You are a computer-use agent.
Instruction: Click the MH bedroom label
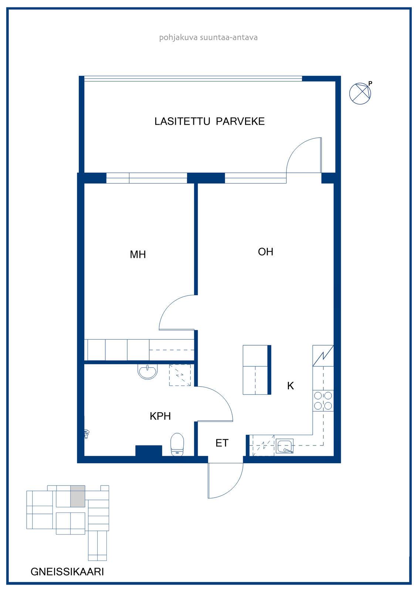138,254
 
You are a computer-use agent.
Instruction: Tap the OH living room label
265,252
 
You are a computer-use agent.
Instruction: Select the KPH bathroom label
160,416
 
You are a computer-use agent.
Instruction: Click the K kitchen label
290,386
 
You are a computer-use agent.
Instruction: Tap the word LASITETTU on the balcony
182,121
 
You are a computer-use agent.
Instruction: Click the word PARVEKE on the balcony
240,121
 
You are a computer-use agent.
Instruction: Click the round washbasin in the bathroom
147,371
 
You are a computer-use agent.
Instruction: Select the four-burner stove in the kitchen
323,401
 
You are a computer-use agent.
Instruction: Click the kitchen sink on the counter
284,446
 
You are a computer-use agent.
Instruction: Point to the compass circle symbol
360,93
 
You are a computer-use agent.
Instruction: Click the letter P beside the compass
370,84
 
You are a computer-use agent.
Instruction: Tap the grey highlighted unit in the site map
78,496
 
